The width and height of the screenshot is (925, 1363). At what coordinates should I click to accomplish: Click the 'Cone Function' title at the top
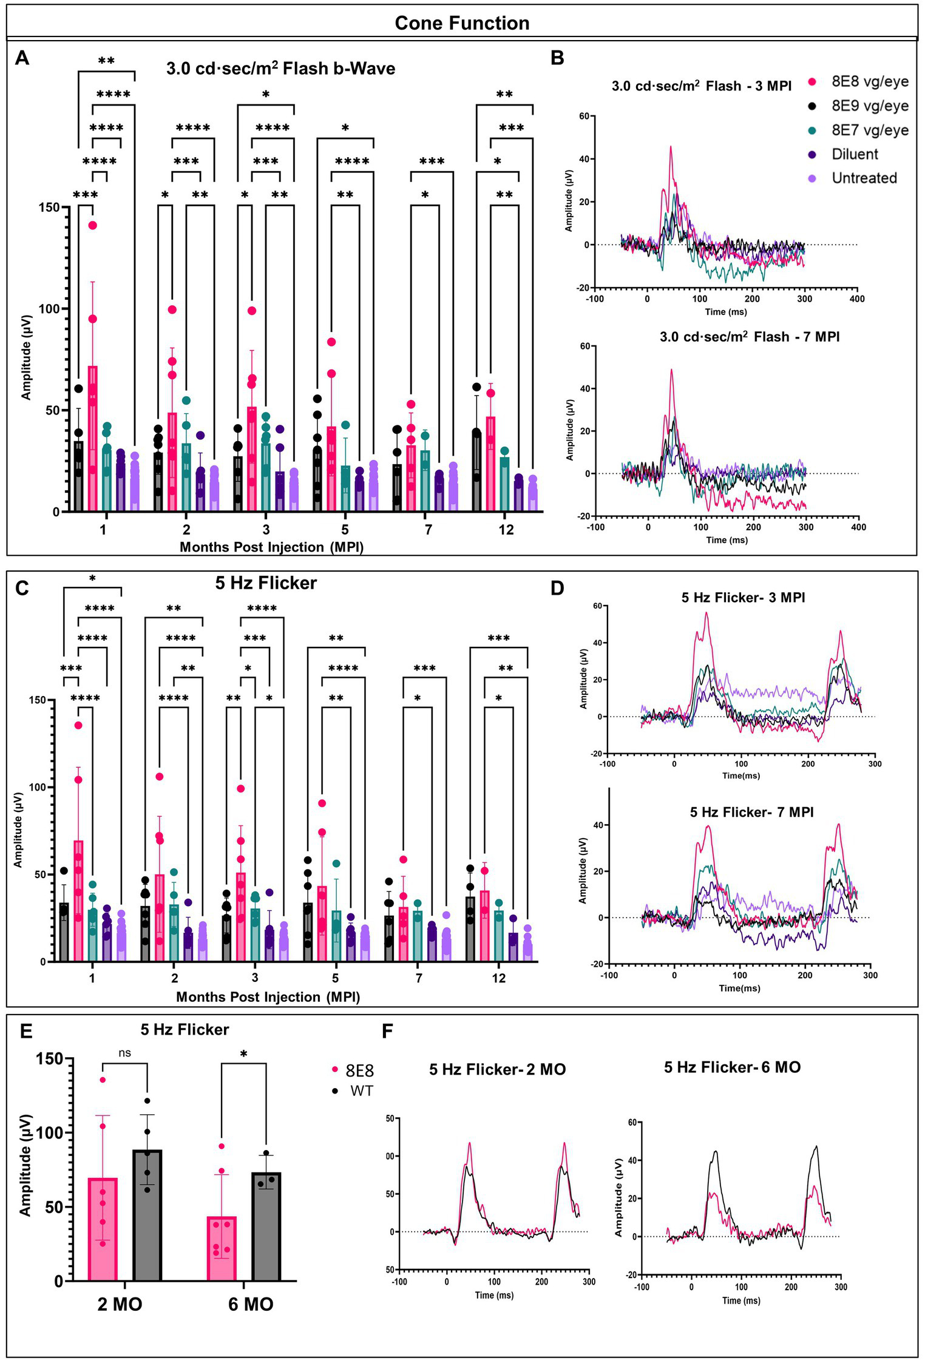pos(462,23)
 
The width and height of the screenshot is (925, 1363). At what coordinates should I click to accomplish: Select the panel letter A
pos(22,58)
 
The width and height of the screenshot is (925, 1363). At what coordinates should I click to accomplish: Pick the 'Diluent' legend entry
pos(855,154)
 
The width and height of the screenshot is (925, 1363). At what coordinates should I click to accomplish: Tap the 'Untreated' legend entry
pos(864,178)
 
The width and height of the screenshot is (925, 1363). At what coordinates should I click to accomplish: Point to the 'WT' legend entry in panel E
pos(361,1091)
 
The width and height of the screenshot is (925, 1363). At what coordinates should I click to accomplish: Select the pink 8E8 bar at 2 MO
pos(103,1229)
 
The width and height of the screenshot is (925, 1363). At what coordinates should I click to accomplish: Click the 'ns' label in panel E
pos(124,1053)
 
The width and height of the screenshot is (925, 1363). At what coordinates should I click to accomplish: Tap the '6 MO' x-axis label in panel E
pos(251,1304)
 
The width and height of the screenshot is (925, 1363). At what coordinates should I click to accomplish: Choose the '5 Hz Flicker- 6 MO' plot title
pos(732,1067)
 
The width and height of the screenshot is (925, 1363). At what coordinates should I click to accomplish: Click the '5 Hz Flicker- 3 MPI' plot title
pos(743,598)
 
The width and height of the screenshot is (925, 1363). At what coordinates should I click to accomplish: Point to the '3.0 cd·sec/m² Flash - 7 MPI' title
pos(750,337)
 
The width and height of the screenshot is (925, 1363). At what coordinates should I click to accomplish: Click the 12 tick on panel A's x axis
pos(506,530)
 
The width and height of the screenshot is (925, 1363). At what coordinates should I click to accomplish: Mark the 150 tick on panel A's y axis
pos(51,207)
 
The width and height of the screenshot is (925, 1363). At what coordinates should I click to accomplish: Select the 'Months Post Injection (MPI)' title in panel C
pos(268,997)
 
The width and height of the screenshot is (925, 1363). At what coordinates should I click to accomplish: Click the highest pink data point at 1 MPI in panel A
pos(93,225)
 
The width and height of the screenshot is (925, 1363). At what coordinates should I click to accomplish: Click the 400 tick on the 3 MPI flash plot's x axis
pos(857,299)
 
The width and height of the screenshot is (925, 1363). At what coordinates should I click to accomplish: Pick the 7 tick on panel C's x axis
pos(419,978)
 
